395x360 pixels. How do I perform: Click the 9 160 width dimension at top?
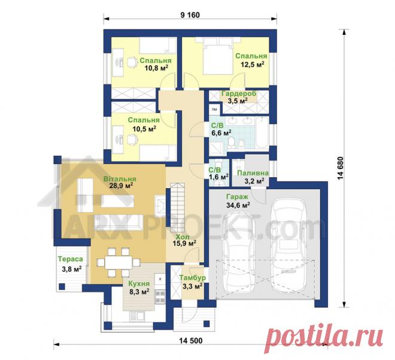(190, 15)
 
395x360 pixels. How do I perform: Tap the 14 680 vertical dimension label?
(340, 168)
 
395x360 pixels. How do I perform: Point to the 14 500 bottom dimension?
(191, 341)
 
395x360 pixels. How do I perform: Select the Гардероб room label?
(239, 93)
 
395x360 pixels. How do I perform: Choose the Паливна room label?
(253, 173)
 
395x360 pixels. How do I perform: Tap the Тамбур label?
(193, 277)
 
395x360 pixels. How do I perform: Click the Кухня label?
(139, 283)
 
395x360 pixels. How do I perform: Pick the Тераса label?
(71, 259)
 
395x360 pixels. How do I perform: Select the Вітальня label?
(120, 179)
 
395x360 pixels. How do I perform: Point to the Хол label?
(183, 237)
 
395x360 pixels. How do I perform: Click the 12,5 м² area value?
(253, 65)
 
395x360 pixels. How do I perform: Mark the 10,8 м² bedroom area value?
(156, 68)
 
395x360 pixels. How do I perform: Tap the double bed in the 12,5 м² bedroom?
(218, 56)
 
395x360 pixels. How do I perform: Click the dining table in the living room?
(118, 262)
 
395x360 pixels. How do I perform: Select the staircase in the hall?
(178, 207)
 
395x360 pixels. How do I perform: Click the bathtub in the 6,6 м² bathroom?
(263, 132)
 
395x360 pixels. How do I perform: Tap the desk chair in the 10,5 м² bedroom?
(131, 139)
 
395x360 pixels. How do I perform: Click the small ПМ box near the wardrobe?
(214, 109)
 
